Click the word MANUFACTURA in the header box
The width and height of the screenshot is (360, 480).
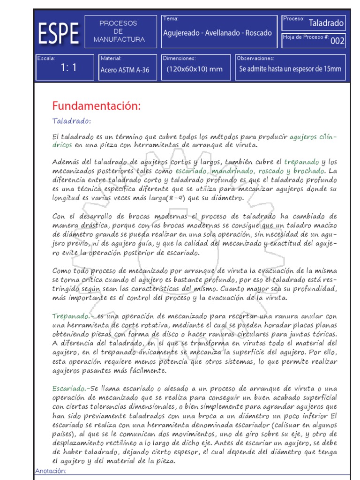tap(119, 40)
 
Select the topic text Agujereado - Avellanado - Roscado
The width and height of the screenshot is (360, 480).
tap(217, 33)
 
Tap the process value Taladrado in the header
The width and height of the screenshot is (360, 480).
tap(327, 23)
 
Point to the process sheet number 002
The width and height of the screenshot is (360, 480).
tap(337, 41)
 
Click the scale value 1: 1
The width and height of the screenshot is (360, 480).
tap(68, 67)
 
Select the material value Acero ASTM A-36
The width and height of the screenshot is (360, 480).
tap(125, 70)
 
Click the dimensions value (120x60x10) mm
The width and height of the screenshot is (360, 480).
tap(195, 69)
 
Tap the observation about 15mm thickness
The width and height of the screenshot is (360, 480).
tap(290, 69)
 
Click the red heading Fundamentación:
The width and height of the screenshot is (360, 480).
tap(96, 106)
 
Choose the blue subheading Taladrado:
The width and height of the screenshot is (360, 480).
tap(72, 121)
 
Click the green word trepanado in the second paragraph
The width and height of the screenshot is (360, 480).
tap(301, 162)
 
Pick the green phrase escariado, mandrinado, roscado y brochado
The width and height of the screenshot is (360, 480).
tap(249, 171)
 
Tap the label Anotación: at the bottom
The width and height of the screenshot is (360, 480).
tap(51, 471)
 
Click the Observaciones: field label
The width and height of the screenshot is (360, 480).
tap(255, 59)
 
